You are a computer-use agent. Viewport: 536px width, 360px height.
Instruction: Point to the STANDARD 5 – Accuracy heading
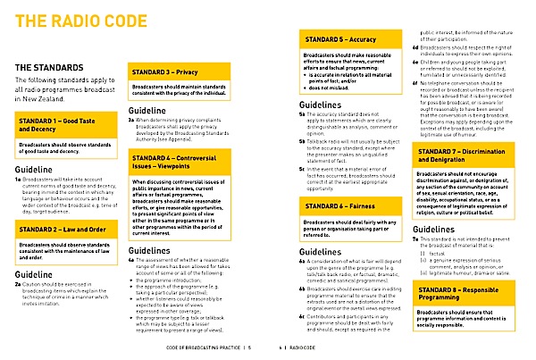click(x=339, y=42)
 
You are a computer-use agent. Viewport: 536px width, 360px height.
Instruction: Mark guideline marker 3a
click(x=132, y=123)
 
